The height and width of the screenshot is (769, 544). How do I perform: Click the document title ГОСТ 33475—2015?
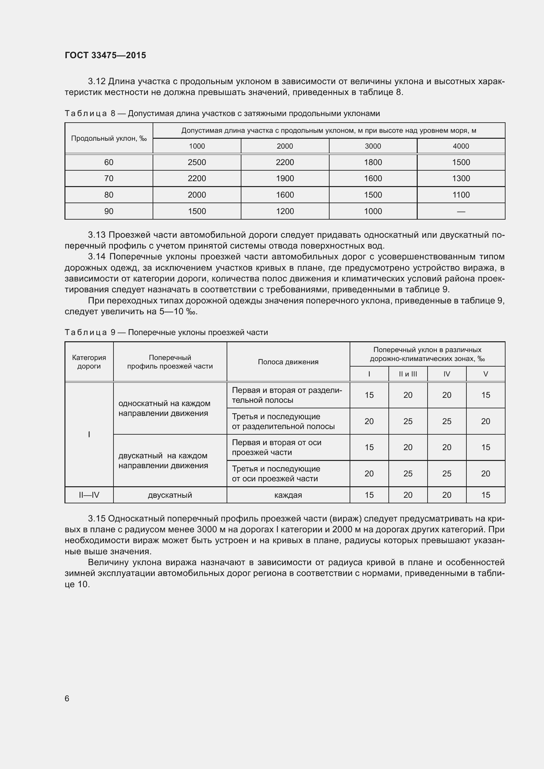coord(105,55)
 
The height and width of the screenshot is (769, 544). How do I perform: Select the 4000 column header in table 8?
coord(460,146)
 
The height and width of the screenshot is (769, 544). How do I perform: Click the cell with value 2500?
coord(197,162)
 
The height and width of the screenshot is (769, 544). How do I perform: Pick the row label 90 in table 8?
coord(109,211)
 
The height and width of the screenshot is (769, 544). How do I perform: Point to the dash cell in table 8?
coord(460,211)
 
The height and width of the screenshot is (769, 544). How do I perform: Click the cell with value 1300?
coord(460,178)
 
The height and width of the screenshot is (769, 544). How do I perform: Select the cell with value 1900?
coord(285,178)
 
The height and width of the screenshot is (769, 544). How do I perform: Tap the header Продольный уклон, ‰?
coord(109,138)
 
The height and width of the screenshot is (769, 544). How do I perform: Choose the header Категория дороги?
coord(89,362)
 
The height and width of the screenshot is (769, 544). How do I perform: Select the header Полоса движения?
coord(288,362)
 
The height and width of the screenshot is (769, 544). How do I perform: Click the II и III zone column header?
coord(408,374)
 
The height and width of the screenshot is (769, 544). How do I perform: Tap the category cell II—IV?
coord(89,495)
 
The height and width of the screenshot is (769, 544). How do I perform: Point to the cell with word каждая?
coord(288,495)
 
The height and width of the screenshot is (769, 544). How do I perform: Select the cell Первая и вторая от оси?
coord(276,447)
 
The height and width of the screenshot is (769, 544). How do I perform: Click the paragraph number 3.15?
coord(96,518)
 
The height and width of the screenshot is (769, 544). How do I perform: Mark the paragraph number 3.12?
coord(96,82)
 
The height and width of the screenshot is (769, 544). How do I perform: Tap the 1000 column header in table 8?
coord(197,146)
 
